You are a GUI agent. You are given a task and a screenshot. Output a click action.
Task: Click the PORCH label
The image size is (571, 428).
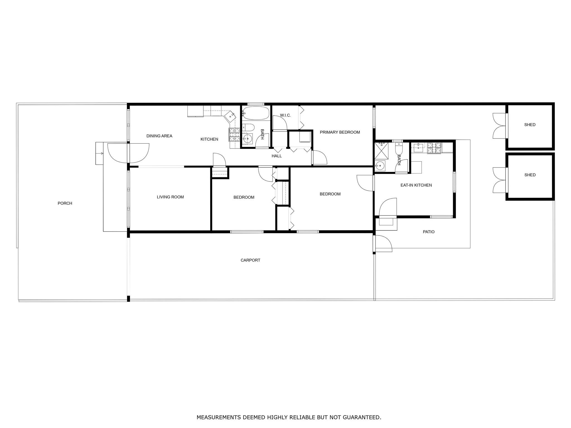click(65, 203)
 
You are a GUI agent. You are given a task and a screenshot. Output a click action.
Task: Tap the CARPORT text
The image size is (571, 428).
click(250, 260)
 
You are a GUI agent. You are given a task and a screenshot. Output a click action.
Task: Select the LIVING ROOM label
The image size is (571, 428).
click(170, 197)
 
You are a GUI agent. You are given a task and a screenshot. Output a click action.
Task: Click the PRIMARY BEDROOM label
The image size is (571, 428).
click(340, 132)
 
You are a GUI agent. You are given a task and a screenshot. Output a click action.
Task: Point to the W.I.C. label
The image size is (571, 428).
click(285, 115)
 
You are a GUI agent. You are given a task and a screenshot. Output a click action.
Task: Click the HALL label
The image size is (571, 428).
click(277, 156)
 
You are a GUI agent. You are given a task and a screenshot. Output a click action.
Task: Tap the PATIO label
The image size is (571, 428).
click(429, 232)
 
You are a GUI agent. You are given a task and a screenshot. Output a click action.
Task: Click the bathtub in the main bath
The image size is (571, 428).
click(255, 113)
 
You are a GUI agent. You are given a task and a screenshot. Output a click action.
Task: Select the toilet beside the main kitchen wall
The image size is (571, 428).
click(248, 128)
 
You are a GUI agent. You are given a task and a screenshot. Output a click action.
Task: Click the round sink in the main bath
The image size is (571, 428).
click(247, 138)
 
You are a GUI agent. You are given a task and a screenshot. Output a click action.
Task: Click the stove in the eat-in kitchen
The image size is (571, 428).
click(434, 148)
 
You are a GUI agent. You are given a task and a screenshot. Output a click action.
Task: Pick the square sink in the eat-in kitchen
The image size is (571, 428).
click(418, 148)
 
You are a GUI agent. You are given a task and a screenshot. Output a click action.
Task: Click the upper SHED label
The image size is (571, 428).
click(530, 125)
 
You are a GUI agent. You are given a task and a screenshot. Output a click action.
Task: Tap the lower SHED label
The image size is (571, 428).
click(530, 175)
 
